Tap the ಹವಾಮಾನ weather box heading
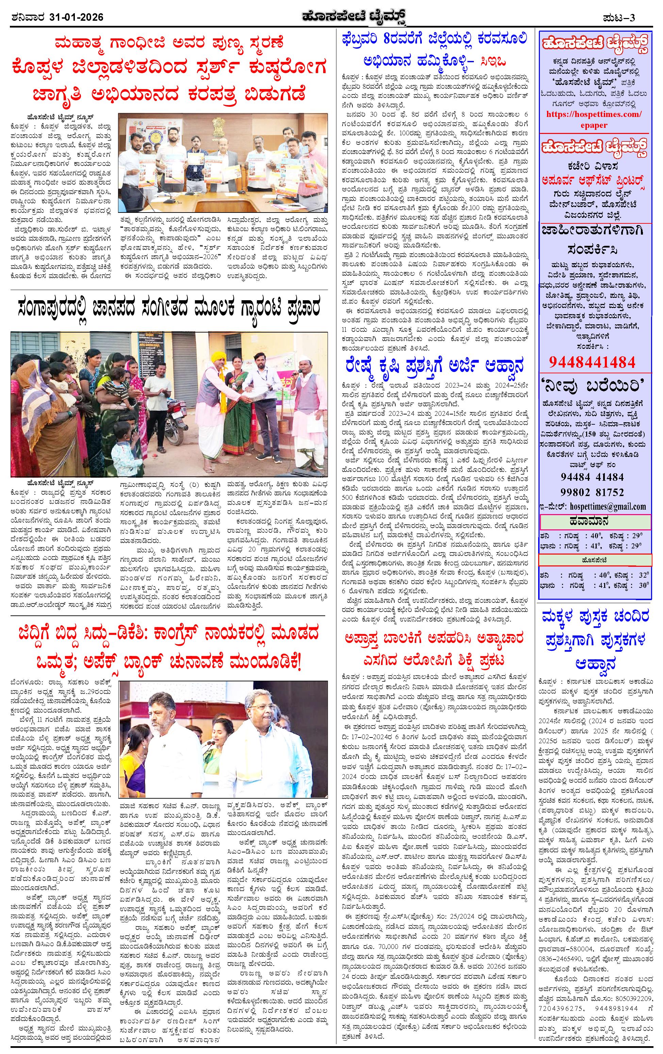tap(595, 521)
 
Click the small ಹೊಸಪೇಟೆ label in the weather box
tap(594, 560)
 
